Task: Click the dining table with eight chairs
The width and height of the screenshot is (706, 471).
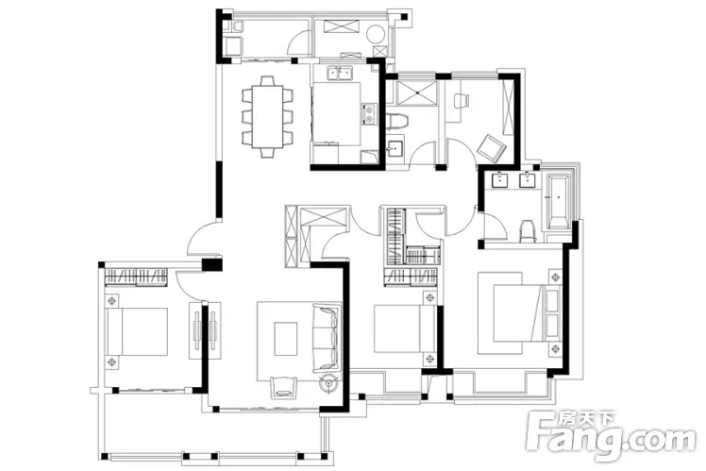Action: click(267, 117)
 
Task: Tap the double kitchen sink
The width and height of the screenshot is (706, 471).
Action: click(340, 74)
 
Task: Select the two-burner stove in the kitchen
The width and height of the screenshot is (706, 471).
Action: click(369, 113)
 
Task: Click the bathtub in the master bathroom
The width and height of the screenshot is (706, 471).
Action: click(558, 200)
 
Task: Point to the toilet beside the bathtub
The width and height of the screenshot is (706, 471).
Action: click(528, 231)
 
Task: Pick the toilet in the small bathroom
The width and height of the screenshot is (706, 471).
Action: click(397, 122)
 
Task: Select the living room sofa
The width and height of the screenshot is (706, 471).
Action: click(327, 338)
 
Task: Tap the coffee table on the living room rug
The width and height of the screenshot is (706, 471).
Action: click(286, 339)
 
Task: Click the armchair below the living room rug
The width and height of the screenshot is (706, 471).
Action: click(284, 387)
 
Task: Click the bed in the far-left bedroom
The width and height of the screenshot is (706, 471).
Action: click(137, 331)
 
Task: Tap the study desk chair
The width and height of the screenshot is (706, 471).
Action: click(461, 100)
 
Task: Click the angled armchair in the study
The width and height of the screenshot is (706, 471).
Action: click(492, 147)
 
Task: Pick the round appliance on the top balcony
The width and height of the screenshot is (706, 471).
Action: click(375, 34)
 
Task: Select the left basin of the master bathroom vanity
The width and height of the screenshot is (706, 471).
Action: click(500, 180)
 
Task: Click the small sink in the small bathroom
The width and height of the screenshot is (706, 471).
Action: click(395, 147)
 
